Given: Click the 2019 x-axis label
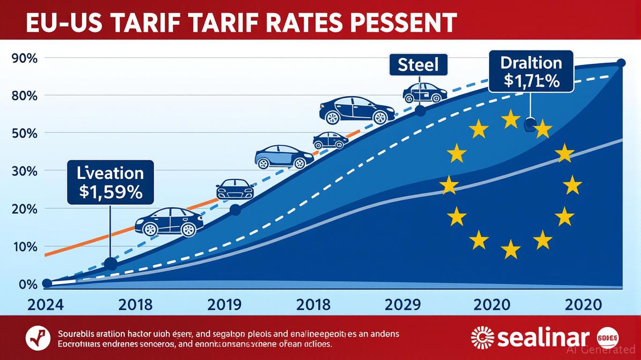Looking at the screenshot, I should click(224, 305).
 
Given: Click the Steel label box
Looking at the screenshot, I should click(418, 65).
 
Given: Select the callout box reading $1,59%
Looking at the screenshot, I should click(111, 182).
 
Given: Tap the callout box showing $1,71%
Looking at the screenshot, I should click(531, 71).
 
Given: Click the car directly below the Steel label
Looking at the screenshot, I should click(425, 93).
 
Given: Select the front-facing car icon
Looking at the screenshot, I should click(235, 189).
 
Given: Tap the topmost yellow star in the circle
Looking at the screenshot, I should click(510, 120).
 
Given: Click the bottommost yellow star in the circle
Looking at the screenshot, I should click(510, 249).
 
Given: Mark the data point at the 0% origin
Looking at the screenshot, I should click(47, 283).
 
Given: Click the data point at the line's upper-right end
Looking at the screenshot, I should click(621, 63).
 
